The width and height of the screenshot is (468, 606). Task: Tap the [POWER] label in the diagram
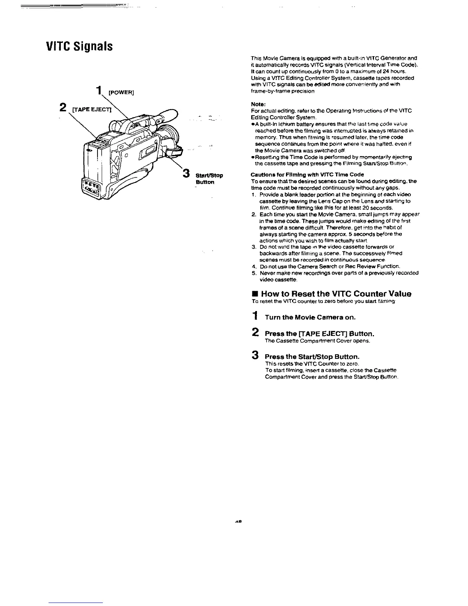tap(121, 92)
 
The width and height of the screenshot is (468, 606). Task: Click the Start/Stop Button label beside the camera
tap(209, 179)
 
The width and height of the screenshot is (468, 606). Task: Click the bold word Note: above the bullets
tap(258, 104)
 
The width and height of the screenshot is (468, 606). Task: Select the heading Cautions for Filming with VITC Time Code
tap(302, 174)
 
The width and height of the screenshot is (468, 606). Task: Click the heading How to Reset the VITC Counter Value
tap(336, 294)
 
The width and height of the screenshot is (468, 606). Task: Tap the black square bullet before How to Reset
tap(253, 294)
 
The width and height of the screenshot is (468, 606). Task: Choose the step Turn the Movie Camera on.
tap(310, 317)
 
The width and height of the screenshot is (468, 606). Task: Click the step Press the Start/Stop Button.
tap(312, 357)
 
